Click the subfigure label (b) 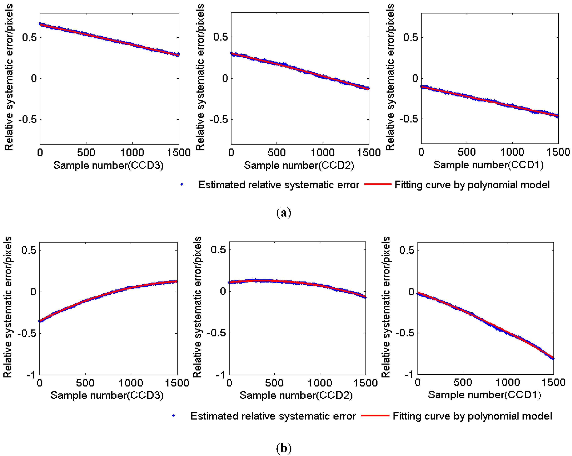point(284,448)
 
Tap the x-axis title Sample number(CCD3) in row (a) point(108,165)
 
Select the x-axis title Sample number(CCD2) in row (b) point(296,395)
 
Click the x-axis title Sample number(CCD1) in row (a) point(488,165)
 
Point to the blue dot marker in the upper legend point(182,184)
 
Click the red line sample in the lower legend point(375,416)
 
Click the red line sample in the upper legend point(378,184)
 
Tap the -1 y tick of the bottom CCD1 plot point(409,374)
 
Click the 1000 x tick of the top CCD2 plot point(322,152)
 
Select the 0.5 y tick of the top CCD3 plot point(29,37)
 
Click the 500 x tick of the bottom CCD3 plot point(85,383)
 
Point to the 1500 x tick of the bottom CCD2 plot point(365,383)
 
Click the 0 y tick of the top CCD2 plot point(225,78)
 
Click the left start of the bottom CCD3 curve point(40,321)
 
